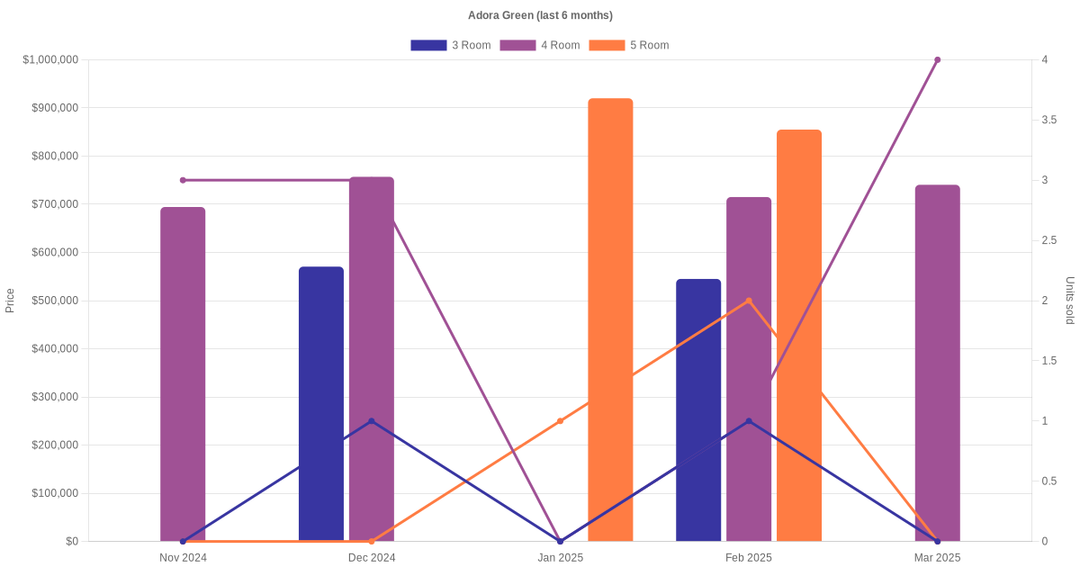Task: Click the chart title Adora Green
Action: tap(540, 15)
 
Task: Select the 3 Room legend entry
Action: tap(450, 45)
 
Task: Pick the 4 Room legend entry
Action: tap(539, 45)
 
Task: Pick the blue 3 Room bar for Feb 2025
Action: tap(698, 409)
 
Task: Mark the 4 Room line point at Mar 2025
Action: tap(937, 60)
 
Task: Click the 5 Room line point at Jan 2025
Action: tap(560, 420)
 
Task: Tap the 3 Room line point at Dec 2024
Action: tap(371, 420)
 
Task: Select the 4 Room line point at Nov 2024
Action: tap(183, 180)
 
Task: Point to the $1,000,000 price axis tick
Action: tap(51, 60)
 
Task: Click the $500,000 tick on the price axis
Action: tap(55, 301)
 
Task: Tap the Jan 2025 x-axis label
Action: tap(560, 558)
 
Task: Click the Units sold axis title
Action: tap(1069, 301)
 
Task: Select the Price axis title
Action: tap(10, 301)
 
